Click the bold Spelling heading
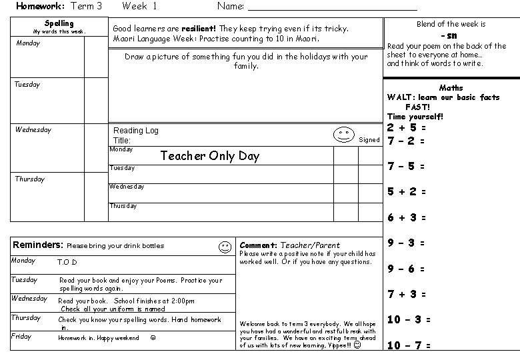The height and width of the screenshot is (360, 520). point(59,24)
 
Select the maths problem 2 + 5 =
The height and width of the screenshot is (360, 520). point(407,127)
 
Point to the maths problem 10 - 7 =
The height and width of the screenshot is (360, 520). point(409,345)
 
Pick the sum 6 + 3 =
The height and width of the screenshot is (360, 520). point(407,217)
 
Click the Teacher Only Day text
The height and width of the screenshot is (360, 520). point(210,156)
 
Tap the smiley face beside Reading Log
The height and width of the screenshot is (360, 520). point(343,134)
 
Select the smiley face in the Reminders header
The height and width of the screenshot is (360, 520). point(225,247)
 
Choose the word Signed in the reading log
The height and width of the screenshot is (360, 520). point(369,140)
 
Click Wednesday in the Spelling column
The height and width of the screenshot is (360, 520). point(33,130)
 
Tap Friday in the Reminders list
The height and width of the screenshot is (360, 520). point(21,337)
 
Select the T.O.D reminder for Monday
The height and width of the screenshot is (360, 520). point(67,263)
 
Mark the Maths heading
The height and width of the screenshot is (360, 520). point(451,88)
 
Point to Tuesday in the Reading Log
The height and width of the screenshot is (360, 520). point(122,168)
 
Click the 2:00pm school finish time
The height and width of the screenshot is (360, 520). point(183,301)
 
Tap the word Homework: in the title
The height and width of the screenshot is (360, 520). point(41,6)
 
